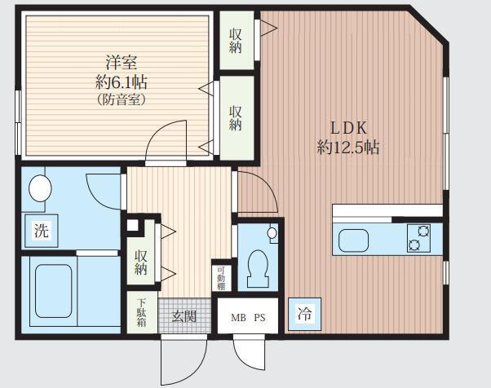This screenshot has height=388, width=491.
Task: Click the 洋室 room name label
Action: click(x=122, y=62)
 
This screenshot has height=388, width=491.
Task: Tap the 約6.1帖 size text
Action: click(x=122, y=82)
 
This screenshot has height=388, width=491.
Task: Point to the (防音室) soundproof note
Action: click(x=122, y=99)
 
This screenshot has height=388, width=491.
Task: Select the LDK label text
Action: click(x=348, y=128)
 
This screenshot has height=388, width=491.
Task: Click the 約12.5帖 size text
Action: click(x=348, y=147)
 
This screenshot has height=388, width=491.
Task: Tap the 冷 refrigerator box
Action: click(x=305, y=314)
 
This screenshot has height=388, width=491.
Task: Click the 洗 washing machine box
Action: click(x=42, y=231)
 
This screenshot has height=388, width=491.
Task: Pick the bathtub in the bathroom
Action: click(x=54, y=291)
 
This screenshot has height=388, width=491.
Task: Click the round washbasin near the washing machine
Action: click(x=40, y=188)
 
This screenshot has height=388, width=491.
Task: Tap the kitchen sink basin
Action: click(x=353, y=240)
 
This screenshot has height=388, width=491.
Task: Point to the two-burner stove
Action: click(x=418, y=238)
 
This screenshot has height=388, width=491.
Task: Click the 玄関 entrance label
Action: click(x=184, y=317)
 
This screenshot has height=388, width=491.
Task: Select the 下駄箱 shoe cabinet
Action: click(x=142, y=312)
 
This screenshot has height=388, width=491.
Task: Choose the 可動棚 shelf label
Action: click(x=221, y=278)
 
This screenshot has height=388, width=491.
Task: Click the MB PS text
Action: click(x=248, y=318)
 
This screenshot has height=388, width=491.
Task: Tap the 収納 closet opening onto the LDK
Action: click(x=237, y=41)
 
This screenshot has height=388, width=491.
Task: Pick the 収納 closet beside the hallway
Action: click(x=140, y=252)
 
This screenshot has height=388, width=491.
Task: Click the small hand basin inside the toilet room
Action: click(x=272, y=233)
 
